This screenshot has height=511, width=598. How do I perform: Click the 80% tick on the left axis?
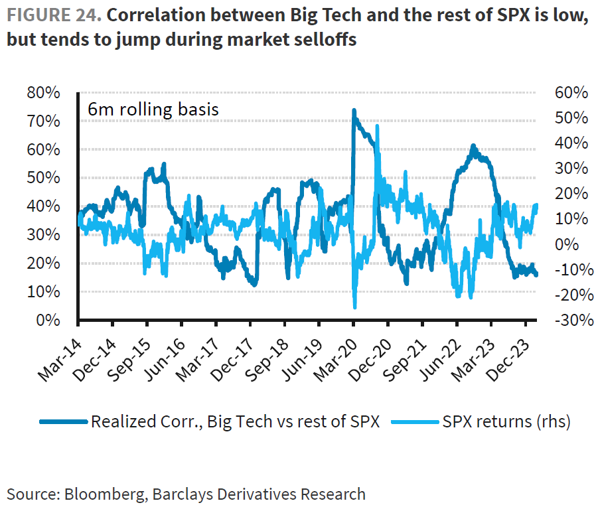44,93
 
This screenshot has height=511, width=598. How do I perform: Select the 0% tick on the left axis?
48,320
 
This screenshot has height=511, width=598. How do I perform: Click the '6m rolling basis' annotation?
153,109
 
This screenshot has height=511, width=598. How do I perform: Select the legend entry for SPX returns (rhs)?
504,421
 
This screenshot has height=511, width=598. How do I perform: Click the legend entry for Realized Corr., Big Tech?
235,421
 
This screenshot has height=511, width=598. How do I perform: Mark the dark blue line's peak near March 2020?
354,110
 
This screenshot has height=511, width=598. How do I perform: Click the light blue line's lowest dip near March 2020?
355,307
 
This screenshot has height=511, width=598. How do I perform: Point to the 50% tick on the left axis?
44,178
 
